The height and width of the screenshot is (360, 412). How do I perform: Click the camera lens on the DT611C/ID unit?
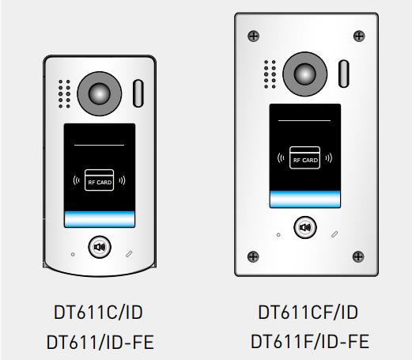[x=100, y=93]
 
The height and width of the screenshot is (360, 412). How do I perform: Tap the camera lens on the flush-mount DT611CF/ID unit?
[x=305, y=74]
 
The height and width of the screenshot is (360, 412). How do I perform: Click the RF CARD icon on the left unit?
[x=99, y=180]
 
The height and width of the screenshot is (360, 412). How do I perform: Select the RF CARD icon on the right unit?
[x=304, y=157]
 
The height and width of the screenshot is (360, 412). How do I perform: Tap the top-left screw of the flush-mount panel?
[x=254, y=36]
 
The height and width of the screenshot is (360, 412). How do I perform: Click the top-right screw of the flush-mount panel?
[x=359, y=36]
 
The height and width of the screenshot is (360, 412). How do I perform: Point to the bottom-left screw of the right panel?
[x=253, y=256]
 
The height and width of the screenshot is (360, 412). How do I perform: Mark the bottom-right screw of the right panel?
[x=358, y=256]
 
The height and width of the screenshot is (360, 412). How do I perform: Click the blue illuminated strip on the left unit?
[x=100, y=219]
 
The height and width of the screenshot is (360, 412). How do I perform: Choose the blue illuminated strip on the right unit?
[x=305, y=199]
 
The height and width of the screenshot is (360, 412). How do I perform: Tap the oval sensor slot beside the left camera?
[x=138, y=93]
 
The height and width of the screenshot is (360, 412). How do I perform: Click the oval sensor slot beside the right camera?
[x=344, y=74]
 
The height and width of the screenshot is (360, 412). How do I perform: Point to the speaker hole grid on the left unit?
[x=64, y=94]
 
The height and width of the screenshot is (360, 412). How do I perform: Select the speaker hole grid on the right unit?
[x=270, y=74]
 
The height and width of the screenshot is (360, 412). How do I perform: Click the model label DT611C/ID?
[x=98, y=313]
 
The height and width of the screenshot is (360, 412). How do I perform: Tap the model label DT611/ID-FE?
[x=100, y=342]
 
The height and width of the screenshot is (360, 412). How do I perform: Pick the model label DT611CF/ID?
[x=308, y=313]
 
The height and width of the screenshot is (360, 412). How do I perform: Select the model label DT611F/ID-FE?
[x=310, y=341]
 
